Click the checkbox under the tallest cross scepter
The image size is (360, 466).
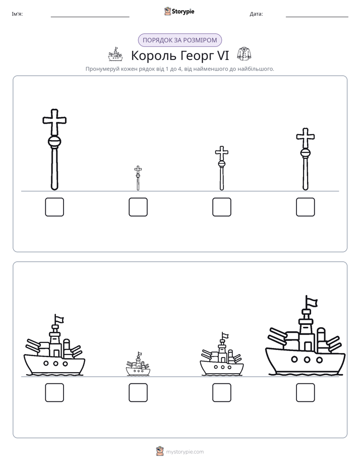point(54,207)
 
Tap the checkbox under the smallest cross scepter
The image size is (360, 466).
point(138,207)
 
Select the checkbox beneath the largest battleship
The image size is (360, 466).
point(306,392)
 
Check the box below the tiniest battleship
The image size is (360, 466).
point(138,392)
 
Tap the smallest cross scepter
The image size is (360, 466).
point(138,178)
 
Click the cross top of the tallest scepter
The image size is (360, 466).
point(54,122)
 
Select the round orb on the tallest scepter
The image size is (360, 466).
point(54,141)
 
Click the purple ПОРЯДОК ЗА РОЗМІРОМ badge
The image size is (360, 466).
point(180,40)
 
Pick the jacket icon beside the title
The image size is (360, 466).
point(244,54)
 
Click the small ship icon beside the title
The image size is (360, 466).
point(115,54)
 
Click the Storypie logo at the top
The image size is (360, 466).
point(179,11)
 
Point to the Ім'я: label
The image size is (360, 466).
point(17,14)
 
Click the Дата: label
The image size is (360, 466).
point(256,14)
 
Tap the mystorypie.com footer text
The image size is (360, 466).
point(185,452)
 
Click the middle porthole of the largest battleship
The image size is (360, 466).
point(307,360)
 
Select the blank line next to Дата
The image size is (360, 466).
point(317,17)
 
